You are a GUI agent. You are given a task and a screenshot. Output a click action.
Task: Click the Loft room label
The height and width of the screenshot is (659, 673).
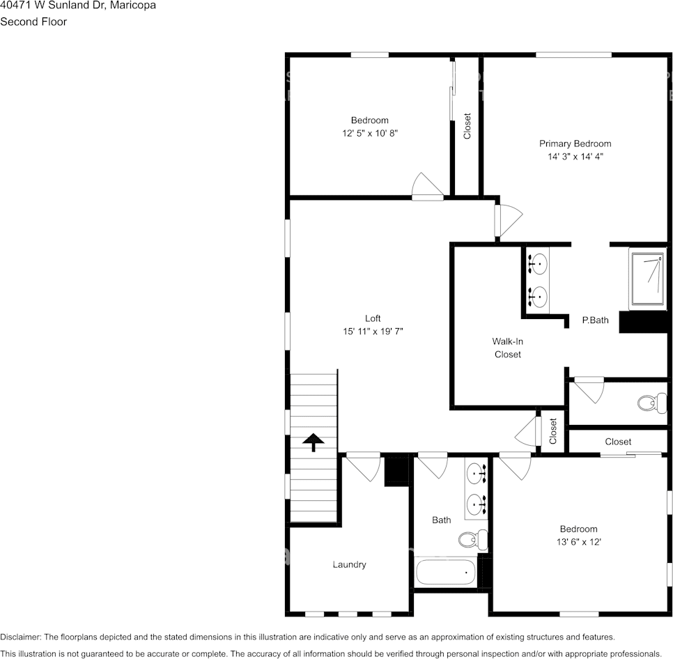(373, 318)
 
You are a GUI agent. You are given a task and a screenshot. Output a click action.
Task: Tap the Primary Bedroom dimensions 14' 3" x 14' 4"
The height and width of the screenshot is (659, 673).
(575, 157)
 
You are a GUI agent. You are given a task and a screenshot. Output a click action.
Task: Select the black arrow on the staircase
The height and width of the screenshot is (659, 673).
(314, 442)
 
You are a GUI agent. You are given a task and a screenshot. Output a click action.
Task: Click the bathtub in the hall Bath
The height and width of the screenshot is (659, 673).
(446, 573)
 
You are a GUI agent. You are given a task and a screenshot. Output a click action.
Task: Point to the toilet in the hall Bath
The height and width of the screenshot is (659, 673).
(473, 538)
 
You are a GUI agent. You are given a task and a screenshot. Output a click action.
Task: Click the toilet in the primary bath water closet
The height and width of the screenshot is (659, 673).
(651, 403)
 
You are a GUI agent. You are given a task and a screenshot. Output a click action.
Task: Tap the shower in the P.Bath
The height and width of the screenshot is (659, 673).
(648, 278)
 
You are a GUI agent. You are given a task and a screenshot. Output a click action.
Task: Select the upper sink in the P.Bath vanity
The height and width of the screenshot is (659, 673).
(536, 264)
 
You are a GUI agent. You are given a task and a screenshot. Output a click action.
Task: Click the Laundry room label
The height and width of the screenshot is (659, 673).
(349, 564)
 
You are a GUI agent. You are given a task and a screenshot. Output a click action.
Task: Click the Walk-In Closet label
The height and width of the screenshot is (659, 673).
(507, 348)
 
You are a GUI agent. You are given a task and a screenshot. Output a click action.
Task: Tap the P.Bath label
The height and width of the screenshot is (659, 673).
(595, 320)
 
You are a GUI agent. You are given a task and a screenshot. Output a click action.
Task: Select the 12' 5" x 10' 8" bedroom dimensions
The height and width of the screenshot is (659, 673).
(369, 132)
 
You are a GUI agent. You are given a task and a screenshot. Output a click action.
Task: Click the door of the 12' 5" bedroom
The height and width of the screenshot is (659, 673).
(426, 187)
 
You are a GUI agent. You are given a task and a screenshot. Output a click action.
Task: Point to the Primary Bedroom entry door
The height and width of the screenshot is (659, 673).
(507, 220)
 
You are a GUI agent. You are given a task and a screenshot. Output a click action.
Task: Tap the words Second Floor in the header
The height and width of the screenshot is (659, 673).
(33, 22)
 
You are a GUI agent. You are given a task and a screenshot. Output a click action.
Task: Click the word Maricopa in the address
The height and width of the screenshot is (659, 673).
(132, 6)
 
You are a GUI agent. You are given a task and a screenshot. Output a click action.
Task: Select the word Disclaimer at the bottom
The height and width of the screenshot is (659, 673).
(20, 637)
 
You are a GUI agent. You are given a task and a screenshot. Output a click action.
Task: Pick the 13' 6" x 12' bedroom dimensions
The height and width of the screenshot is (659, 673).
(578, 541)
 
